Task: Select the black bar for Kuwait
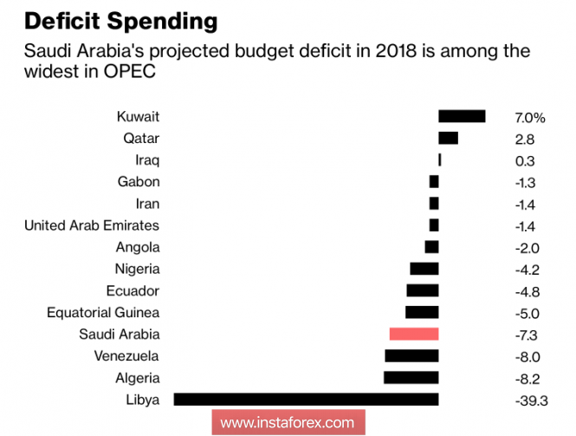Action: point(462,116)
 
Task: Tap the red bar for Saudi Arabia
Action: point(414,334)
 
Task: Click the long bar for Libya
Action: point(306,399)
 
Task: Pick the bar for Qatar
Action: point(448,138)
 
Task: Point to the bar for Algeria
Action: point(411,377)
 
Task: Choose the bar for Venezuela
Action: point(411,355)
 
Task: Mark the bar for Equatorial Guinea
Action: point(422,312)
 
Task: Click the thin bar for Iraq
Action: point(440,159)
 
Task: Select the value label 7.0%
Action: point(529,117)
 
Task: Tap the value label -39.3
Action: point(530,400)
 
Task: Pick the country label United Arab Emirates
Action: point(92,225)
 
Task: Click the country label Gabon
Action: point(139,182)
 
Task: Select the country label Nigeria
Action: point(137,269)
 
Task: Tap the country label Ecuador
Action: point(133,290)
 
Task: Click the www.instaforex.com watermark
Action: point(288,423)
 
